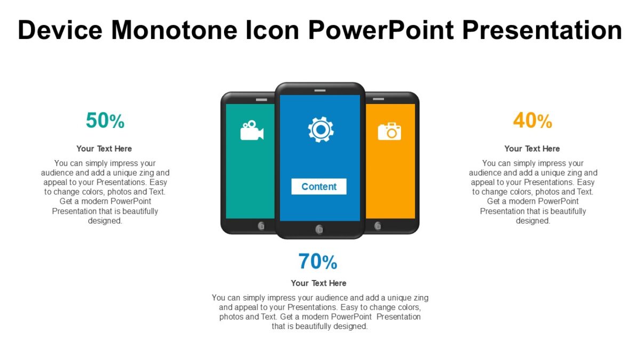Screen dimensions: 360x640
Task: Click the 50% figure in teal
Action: point(105,121)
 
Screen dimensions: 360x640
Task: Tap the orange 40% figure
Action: point(532,121)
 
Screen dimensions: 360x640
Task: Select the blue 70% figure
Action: point(318,262)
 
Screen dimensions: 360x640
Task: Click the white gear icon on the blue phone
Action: point(321,130)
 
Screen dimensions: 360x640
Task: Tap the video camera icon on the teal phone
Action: point(252,131)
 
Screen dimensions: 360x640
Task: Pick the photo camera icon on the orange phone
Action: point(389,131)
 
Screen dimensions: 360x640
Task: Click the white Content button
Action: point(319,187)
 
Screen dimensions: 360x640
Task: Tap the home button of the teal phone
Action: point(261,226)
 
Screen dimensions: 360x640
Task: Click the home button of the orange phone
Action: point(378,226)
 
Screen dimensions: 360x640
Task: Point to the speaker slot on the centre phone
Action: point(320,90)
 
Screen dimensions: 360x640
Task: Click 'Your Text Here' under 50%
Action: point(104,149)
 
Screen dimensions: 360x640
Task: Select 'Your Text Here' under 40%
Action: point(532,149)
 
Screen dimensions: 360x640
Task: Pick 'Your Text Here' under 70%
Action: point(318,283)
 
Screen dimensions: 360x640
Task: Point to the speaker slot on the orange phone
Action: point(378,100)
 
